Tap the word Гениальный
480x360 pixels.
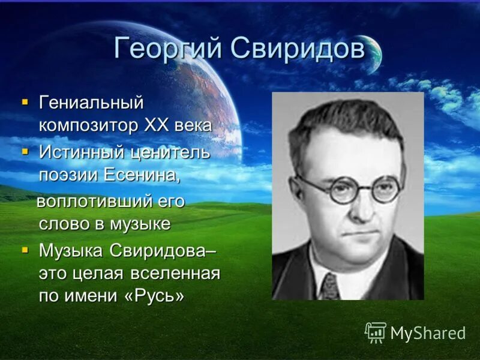[x=91, y=103]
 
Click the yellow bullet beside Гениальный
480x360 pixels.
[x=25, y=103]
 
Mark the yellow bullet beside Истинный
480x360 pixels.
[x=25, y=151]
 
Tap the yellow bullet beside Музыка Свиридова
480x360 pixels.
[x=25, y=250]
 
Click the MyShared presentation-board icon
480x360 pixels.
[x=376, y=332]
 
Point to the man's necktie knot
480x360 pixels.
[x=329, y=280]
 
